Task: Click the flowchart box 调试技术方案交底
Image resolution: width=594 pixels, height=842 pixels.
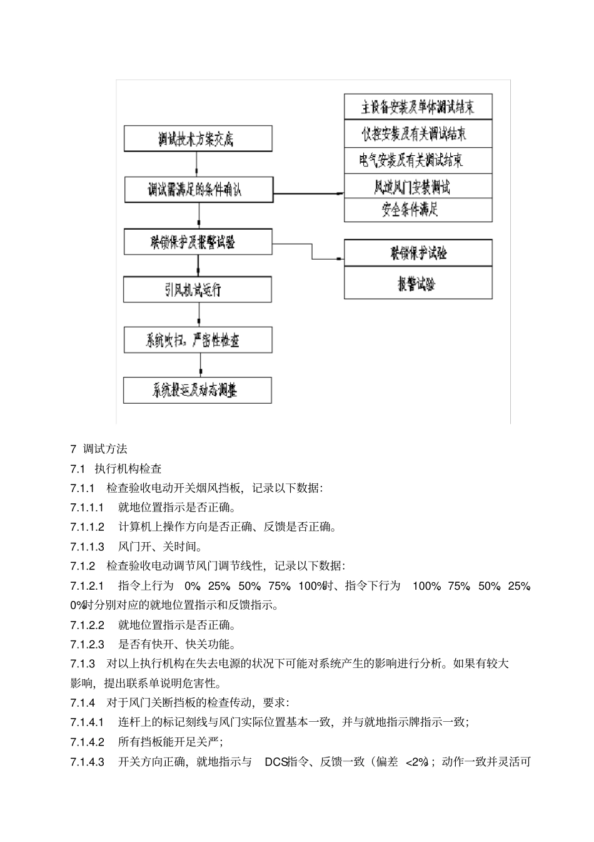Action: pyautogui.click(x=198, y=138)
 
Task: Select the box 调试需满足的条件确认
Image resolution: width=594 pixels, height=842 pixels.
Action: pyautogui.click(x=198, y=190)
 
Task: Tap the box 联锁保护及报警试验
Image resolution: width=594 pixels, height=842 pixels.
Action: pyautogui.click(x=198, y=242)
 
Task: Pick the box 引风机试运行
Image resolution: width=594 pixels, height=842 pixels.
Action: pyautogui.click(x=198, y=290)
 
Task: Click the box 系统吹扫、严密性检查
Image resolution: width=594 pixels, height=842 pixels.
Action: pyautogui.click(x=198, y=340)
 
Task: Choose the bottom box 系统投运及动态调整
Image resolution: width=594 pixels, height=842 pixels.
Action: pyautogui.click(x=198, y=391)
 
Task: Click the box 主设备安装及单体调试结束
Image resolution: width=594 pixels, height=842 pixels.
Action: pyautogui.click(x=418, y=106)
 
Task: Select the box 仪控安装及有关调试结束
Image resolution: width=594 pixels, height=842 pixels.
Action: pyautogui.click(x=418, y=133)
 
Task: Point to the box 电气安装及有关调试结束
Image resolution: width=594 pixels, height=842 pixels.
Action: pyautogui.click(x=418, y=161)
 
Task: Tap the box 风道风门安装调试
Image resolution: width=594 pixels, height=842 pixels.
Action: pyautogui.click(x=418, y=187)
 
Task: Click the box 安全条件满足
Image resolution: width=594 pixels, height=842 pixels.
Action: pyautogui.click(x=418, y=210)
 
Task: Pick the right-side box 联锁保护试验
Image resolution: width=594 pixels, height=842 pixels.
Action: pyautogui.click(x=418, y=253)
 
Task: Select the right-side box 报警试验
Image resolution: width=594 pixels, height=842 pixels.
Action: pyautogui.click(x=418, y=283)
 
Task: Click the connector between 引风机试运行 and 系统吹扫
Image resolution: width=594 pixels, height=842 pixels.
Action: pyautogui.click(x=199, y=315)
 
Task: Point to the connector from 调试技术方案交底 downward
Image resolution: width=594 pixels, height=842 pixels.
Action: pyautogui.click(x=197, y=164)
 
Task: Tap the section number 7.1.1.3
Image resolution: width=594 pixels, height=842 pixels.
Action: pyautogui.click(x=88, y=547)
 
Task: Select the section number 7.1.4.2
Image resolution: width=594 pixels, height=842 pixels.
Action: pyautogui.click(x=88, y=742)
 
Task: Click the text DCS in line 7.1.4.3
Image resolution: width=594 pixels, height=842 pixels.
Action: pyautogui.click(x=275, y=762)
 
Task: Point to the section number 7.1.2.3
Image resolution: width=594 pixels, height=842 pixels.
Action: pyautogui.click(x=88, y=644)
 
